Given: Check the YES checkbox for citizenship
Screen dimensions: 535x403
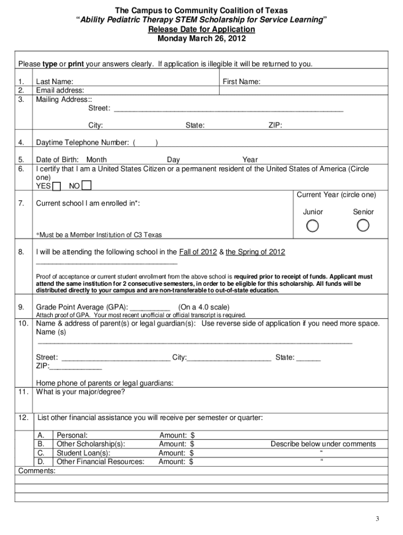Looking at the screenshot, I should click(x=57, y=186).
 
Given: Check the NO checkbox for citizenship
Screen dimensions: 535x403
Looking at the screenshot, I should click(x=87, y=186).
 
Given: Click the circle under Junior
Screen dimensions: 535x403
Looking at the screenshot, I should click(x=312, y=226).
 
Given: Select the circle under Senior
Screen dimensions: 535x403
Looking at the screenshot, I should click(x=363, y=225).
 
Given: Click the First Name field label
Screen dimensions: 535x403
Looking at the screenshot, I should click(x=241, y=82).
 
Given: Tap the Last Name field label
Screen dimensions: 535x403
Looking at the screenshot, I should click(x=54, y=82).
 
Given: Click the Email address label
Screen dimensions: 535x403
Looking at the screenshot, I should click(x=60, y=90).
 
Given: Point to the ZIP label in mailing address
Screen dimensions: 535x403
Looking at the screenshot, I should click(x=275, y=125).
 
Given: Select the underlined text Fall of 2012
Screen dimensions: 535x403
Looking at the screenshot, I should click(x=198, y=252).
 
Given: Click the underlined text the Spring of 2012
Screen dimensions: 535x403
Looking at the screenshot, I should click(x=255, y=252).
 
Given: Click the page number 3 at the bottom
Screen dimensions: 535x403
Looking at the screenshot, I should click(x=377, y=518).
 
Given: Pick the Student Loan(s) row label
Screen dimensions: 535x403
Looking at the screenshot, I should click(x=83, y=453).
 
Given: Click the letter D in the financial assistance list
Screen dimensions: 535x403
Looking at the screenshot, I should click(x=41, y=461).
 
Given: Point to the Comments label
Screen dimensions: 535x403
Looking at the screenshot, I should click(x=37, y=471).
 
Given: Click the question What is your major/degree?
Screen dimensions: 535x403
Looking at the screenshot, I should click(x=80, y=392).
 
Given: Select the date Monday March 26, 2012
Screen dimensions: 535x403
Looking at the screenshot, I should click(x=201, y=39).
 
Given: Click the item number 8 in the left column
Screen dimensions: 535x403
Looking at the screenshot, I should click(x=21, y=252).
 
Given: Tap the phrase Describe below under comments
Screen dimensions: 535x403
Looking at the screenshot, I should click(x=323, y=444).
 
